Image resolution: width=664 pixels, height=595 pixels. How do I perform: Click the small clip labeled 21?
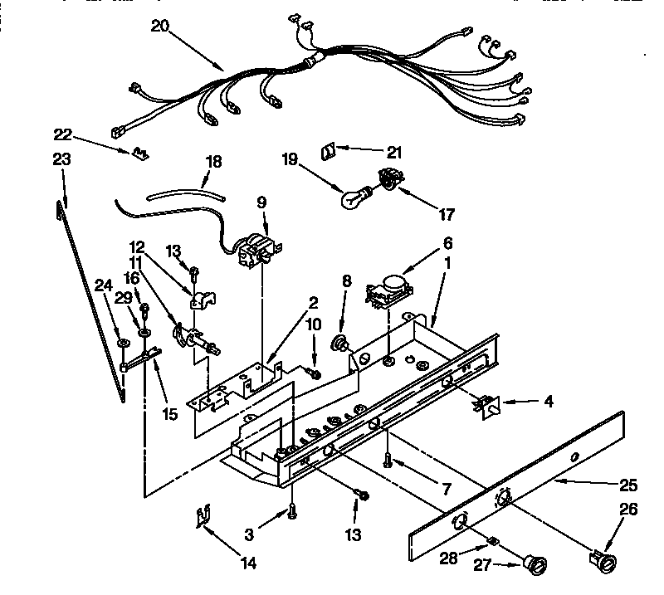327,150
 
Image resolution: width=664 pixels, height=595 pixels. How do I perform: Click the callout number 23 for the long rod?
61,159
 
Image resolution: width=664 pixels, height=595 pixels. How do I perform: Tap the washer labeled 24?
123,342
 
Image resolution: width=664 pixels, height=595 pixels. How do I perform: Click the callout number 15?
169,414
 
